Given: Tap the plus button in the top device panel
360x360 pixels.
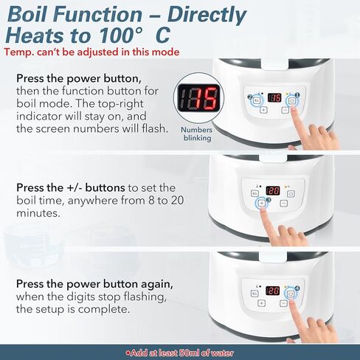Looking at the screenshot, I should click(x=263, y=109).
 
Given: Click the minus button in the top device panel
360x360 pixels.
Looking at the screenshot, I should click(x=285, y=109).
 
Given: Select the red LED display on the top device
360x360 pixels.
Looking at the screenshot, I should click(x=274, y=97).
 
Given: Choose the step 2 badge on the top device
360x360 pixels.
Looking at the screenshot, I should click(x=252, y=96).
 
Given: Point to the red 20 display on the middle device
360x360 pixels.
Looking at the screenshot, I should click(x=273, y=189).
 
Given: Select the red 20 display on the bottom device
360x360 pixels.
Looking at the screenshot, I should click(x=274, y=291).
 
